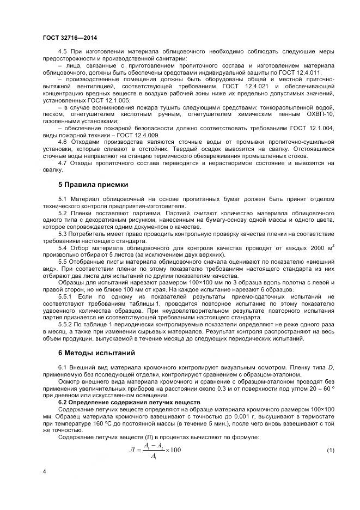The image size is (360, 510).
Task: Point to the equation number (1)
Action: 330,451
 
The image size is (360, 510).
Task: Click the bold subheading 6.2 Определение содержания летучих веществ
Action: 129,402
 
